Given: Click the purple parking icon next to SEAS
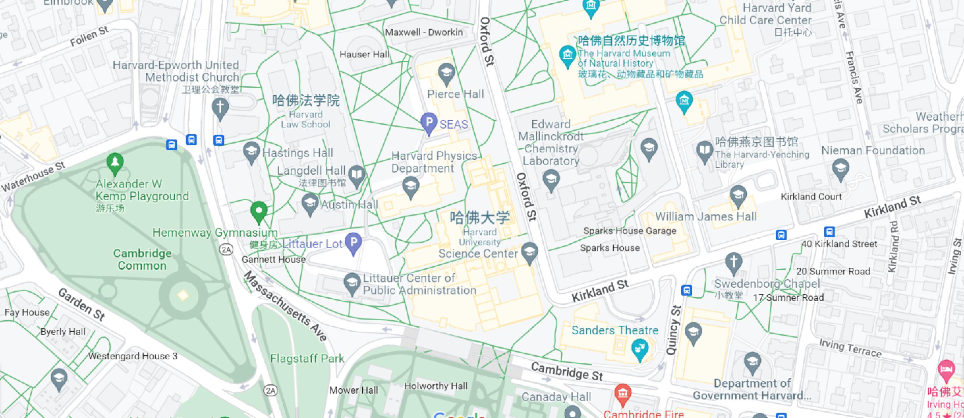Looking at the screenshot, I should pos(429,122).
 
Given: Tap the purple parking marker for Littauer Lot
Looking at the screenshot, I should pos(353,242).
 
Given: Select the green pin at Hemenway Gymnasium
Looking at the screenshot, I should pos(259,211).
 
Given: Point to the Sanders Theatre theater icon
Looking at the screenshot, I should pos(640,349).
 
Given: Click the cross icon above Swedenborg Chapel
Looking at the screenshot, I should pos(734,262).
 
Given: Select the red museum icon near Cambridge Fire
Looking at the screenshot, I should pos(623,394).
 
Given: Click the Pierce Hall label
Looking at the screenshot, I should pos(455,94).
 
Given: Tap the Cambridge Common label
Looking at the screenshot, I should pos(142,260).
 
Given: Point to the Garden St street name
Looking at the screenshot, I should pos(81,304).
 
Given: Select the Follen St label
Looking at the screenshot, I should pos(89,37).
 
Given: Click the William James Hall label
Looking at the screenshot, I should pos(706,216).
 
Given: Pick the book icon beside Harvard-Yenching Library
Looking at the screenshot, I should pos(705,151).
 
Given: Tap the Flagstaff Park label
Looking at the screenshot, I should pos(307,359).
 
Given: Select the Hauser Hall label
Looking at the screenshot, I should pos(364,55).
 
